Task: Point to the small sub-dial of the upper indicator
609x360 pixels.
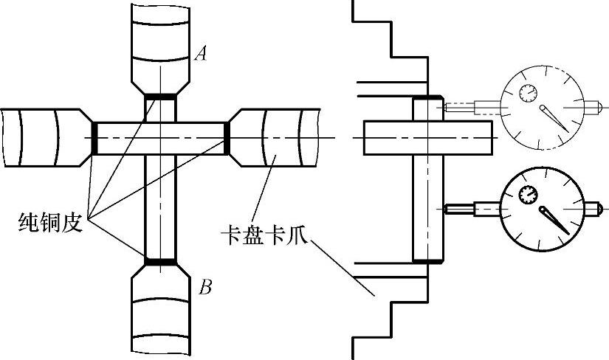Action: [528, 92]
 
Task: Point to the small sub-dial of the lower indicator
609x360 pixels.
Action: [527, 195]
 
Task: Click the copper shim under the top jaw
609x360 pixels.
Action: [160, 96]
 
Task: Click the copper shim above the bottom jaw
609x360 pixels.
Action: [160, 261]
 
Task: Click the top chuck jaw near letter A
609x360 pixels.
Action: [160, 44]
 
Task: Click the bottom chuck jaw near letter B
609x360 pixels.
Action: [160, 310]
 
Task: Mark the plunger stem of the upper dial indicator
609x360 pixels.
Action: [472, 108]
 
